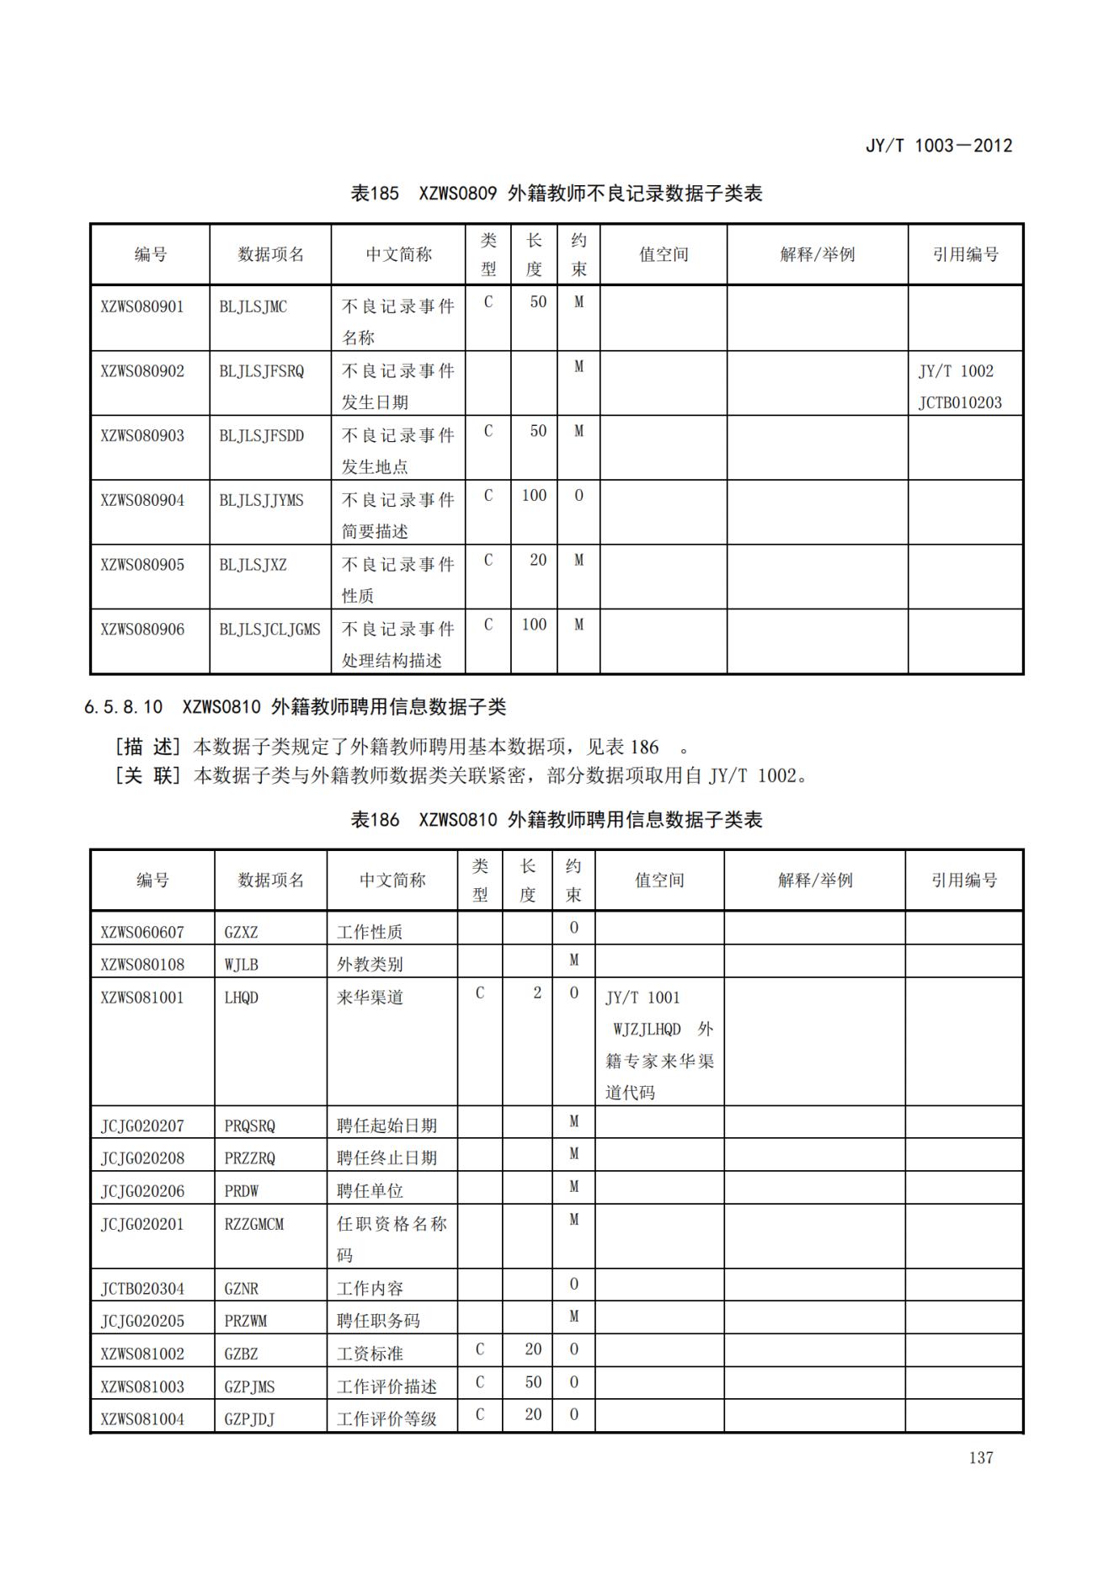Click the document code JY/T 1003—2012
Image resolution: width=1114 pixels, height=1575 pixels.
point(938,146)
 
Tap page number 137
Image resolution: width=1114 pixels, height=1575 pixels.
point(980,1458)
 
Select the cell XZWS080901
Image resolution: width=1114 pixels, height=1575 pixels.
point(142,306)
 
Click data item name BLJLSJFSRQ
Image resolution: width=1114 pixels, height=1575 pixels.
point(261,371)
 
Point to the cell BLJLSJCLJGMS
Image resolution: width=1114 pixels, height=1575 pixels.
point(269,630)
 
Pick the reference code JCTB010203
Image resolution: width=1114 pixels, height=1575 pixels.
point(960,402)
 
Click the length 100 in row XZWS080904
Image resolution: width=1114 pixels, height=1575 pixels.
point(534,496)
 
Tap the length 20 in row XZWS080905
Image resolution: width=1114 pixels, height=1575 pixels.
point(537,561)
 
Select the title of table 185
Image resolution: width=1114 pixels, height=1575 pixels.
point(556,194)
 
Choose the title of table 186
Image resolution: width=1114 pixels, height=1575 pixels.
point(556,820)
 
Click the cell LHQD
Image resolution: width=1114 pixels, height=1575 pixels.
point(241,998)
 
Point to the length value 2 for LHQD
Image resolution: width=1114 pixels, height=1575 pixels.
point(536,993)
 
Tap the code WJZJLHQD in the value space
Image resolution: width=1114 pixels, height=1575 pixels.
point(647,1030)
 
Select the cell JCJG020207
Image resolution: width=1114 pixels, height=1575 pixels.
point(142,1126)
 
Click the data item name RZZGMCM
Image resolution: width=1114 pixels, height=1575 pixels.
point(253,1225)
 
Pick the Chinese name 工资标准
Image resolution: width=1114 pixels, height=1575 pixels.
point(370,1354)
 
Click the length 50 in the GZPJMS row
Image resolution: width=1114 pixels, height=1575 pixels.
point(532,1382)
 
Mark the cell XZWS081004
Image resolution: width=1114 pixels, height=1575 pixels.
point(142,1419)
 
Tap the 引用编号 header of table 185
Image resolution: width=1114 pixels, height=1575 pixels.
point(965,254)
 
